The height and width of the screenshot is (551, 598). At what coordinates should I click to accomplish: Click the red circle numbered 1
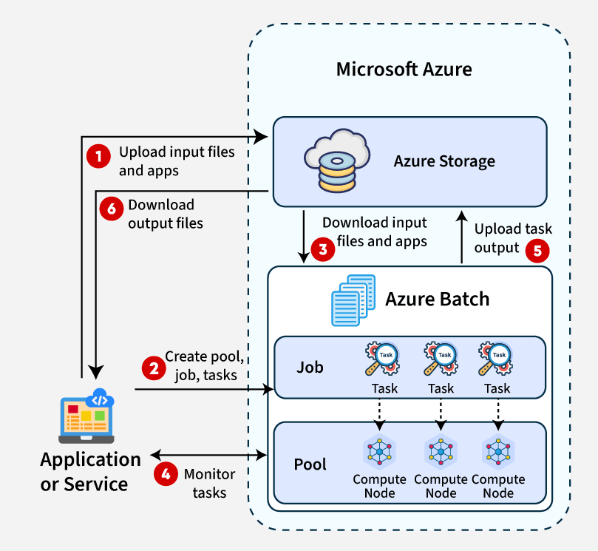[x=97, y=155]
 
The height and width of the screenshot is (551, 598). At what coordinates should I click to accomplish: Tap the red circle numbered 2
[x=153, y=368]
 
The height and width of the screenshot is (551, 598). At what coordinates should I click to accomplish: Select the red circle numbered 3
[x=322, y=250]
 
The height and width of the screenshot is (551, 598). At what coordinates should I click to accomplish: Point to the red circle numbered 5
[x=537, y=250]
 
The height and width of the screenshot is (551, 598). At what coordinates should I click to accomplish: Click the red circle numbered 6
[x=112, y=209]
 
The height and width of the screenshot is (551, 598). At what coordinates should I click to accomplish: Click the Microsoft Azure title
[x=404, y=70]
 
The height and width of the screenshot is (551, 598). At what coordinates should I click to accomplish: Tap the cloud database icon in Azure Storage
[x=336, y=160]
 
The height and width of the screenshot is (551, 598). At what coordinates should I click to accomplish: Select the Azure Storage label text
[x=444, y=161]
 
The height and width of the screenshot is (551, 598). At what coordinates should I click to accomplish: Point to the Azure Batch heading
[x=437, y=299]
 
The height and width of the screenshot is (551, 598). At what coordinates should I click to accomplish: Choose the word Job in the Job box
[x=310, y=367]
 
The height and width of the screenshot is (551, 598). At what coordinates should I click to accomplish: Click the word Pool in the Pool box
[x=310, y=464]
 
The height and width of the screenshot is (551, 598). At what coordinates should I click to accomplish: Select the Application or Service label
[x=90, y=472]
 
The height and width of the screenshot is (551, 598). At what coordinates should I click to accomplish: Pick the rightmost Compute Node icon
[x=498, y=450]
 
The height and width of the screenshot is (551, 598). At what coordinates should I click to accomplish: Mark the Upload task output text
[x=512, y=237]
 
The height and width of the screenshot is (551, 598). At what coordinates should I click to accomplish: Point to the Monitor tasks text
[x=209, y=483]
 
